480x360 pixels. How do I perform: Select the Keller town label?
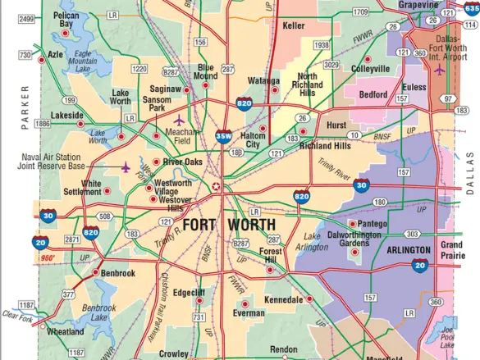293,25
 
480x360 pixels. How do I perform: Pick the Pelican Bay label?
66,21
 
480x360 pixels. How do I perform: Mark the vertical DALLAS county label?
470,171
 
